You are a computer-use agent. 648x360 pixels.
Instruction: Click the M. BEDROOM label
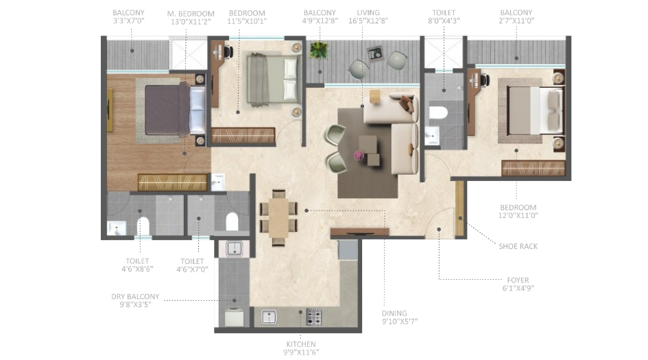[191, 14]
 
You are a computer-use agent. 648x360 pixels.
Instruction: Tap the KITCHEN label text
[302, 344]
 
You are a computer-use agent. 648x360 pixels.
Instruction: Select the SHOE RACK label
[518, 246]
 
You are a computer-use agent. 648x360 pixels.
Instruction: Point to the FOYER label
[518, 280]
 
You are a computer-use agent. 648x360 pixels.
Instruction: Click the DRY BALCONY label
[135, 297]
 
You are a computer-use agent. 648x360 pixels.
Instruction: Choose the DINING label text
[400, 311]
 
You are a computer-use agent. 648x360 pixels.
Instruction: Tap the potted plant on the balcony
[318, 50]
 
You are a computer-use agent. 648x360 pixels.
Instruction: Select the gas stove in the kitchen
[314, 317]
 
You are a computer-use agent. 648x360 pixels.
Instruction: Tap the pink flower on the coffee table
[359, 156]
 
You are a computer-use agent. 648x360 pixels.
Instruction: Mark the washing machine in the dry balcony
[233, 317]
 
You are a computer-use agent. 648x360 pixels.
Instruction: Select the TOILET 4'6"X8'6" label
[137, 265]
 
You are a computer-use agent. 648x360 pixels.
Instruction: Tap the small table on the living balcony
[375, 53]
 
